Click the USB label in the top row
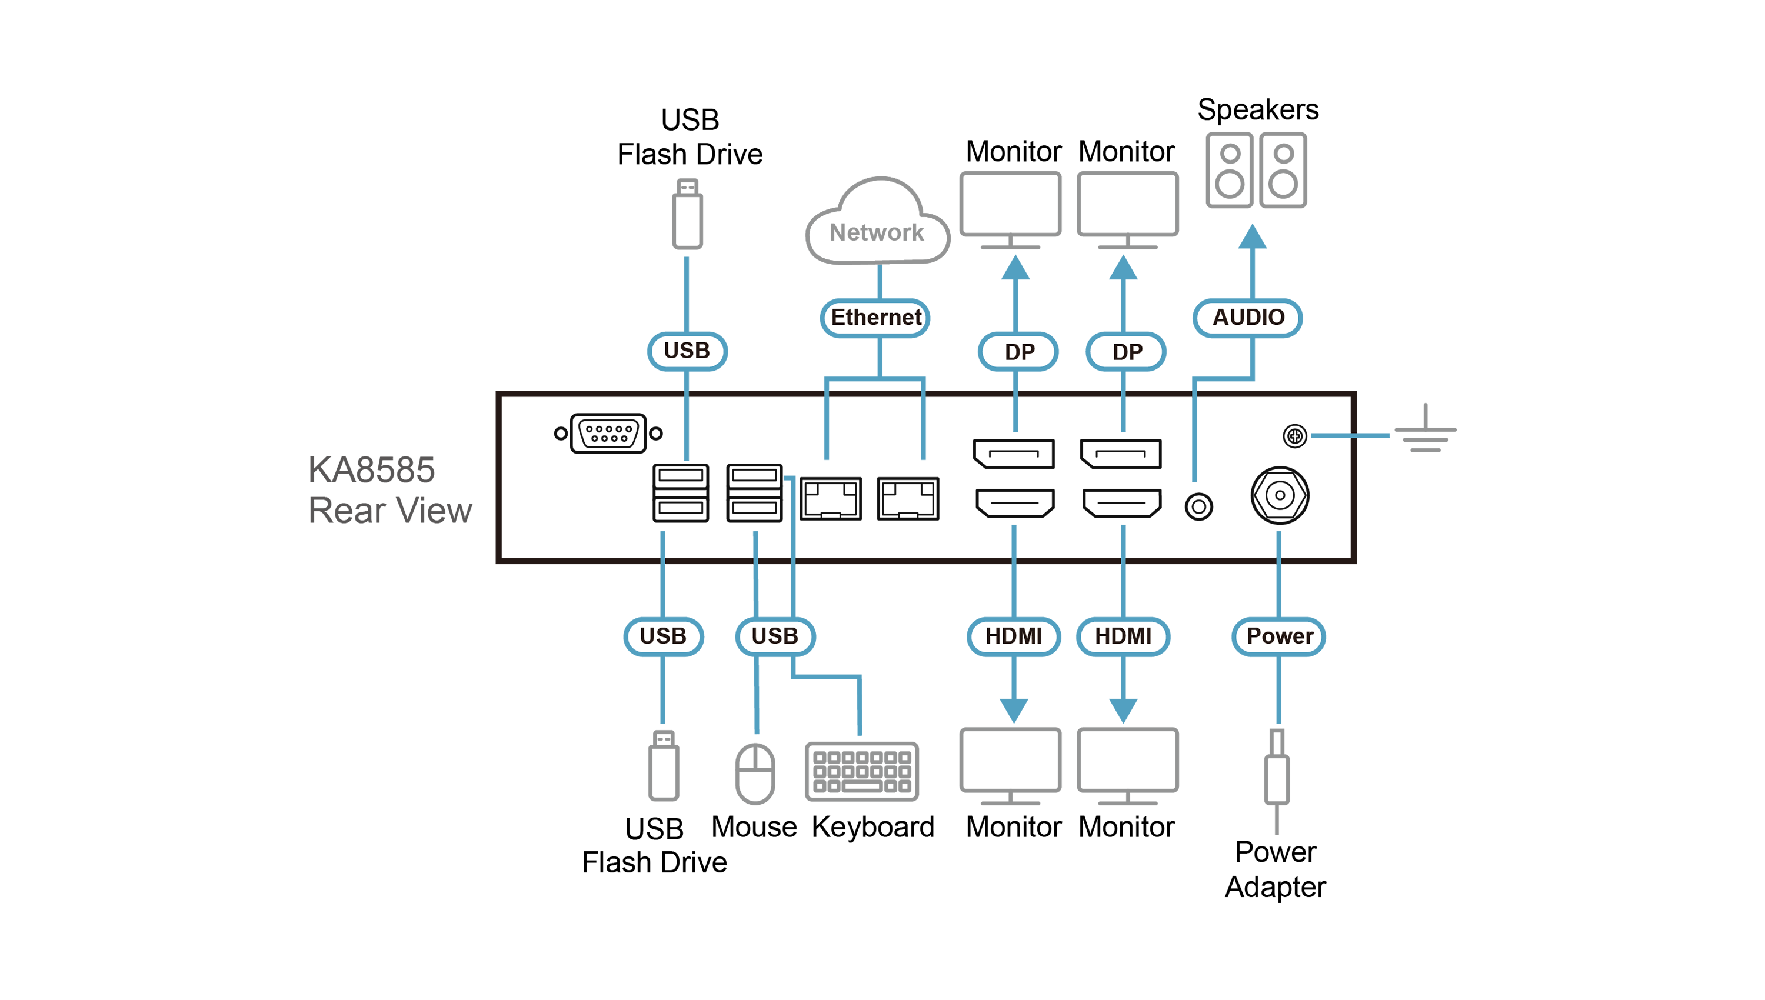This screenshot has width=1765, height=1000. [x=687, y=351]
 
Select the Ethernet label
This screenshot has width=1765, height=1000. [x=875, y=317]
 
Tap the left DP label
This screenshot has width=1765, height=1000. [x=1018, y=352]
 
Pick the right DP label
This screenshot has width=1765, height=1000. [x=1126, y=352]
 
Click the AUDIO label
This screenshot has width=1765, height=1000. [x=1247, y=317]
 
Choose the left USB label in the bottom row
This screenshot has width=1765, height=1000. [x=662, y=636]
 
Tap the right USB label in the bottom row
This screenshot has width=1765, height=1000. [x=775, y=636]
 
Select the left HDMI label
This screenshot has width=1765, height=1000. [x=1013, y=636]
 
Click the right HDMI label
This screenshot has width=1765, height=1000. [x=1123, y=636]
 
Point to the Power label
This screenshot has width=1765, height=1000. [x=1279, y=636]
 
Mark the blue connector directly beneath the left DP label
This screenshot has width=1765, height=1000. [x=1015, y=412]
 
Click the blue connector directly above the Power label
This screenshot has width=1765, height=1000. [x=1279, y=549]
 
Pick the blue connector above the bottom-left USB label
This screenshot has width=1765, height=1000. [x=662, y=549]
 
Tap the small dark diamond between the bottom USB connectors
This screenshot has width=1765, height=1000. [x=775, y=561]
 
